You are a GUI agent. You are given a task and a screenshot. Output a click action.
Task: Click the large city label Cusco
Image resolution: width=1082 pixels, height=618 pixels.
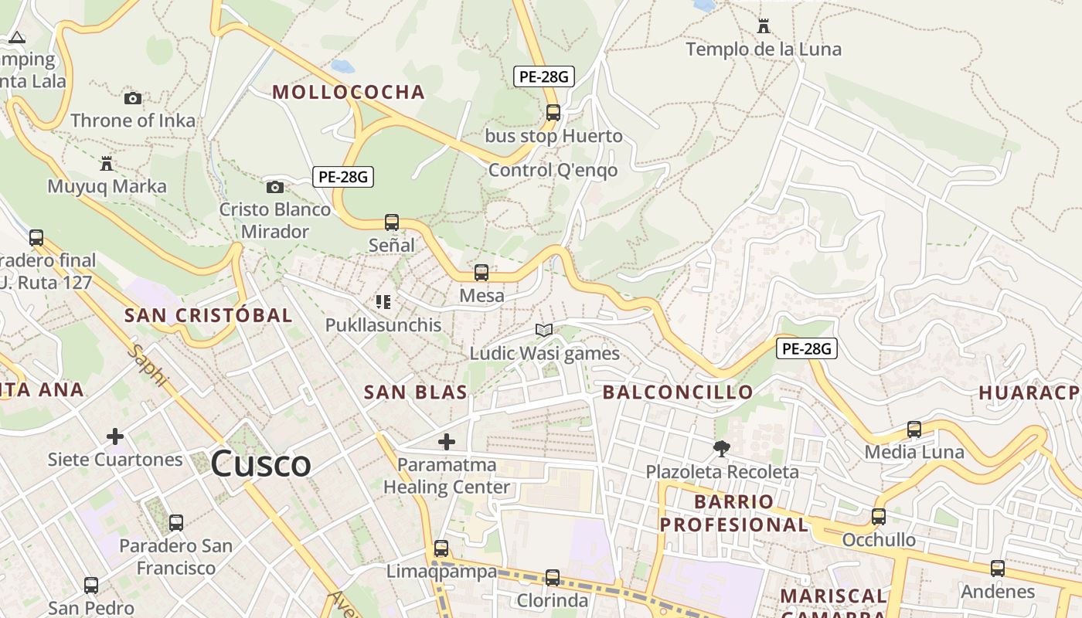pyautogui.click(x=261, y=464)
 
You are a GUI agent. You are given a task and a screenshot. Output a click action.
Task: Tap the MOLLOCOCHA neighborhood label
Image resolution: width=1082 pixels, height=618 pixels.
pyautogui.click(x=349, y=93)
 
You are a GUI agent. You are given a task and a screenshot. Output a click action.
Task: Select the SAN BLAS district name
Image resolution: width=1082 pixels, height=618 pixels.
pyautogui.click(x=416, y=392)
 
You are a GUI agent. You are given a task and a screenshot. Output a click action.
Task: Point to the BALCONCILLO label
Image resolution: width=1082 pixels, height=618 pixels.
pyautogui.click(x=678, y=392)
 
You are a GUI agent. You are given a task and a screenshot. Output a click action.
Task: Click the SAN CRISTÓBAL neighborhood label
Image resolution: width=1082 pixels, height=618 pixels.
pyautogui.click(x=209, y=315)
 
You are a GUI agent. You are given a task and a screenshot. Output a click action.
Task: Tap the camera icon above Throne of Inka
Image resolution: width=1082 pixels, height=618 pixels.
pyautogui.click(x=133, y=98)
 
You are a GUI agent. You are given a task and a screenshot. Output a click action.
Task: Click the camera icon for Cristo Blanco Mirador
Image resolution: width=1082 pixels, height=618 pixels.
pyautogui.click(x=274, y=187)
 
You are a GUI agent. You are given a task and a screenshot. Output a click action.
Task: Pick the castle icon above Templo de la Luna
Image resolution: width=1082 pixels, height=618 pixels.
pyautogui.click(x=764, y=26)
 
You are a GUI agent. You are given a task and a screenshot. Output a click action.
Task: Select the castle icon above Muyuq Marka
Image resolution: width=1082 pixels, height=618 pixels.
pyautogui.click(x=107, y=164)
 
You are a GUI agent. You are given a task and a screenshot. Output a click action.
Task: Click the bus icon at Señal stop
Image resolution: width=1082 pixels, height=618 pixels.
pyautogui.click(x=392, y=222)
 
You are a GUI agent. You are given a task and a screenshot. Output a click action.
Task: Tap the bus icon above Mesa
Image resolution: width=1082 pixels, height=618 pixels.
pyautogui.click(x=481, y=273)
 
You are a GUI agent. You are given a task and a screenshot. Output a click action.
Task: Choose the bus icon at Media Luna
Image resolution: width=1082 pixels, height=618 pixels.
pyautogui.click(x=914, y=430)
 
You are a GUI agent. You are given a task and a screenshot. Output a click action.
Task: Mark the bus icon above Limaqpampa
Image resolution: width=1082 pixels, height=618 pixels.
pyautogui.click(x=441, y=548)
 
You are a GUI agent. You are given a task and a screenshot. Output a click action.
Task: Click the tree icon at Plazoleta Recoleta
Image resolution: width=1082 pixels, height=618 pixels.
pyautogui.click(x=722, y=448)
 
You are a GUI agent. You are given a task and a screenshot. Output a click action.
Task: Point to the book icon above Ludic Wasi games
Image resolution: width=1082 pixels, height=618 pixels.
pyautogui.click(x=544, y=331)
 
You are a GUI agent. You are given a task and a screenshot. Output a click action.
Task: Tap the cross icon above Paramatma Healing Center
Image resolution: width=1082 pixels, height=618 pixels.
pyautogui.click(x=447, y=442)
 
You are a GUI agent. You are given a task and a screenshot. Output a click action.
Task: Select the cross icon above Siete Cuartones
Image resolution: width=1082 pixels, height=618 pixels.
pyautogui.click(x=115, y=436)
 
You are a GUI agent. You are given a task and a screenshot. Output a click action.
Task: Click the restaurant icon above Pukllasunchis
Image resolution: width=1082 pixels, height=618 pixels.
pyautogui.click(x=383, y=302)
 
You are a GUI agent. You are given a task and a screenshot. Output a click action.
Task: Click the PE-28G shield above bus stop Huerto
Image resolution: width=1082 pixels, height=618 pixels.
pyautogui.click(x=544, y=76)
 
